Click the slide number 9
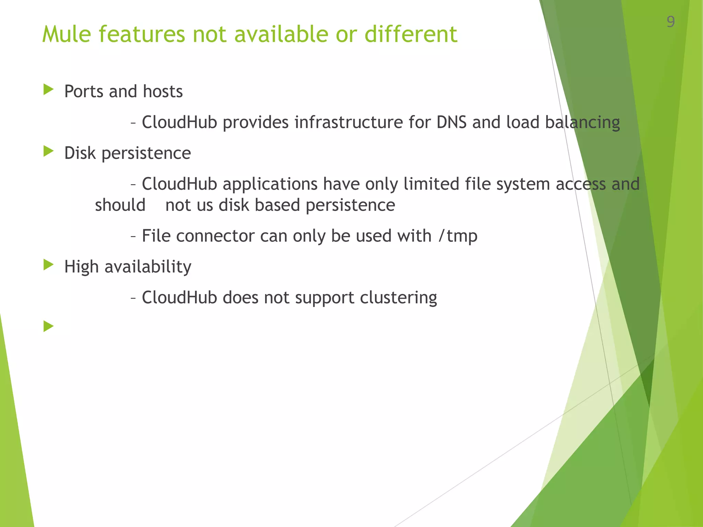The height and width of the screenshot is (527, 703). click(670, 22)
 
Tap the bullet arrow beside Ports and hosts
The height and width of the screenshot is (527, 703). click(48, 90)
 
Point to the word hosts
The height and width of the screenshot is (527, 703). click(163, 92)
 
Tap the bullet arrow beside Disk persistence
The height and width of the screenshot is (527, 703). click(48, 151)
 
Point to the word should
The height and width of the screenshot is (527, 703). click(120, 205)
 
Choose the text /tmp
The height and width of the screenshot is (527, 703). click(458, 236)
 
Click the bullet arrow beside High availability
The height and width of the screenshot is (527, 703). click(48, 265)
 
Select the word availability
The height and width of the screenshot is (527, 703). click(148, 267)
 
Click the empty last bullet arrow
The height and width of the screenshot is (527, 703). click(48, 326)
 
